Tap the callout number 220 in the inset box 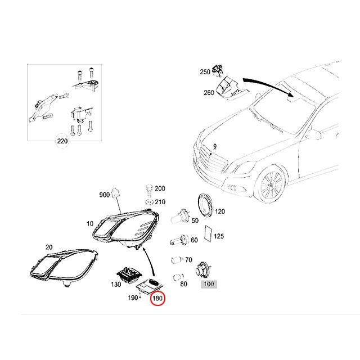coord(61,141)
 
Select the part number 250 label coord(205,72)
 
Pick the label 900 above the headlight coord(104,195)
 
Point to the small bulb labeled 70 coord(174,261)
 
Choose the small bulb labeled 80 coord(177,277)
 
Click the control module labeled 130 coord(129,274)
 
